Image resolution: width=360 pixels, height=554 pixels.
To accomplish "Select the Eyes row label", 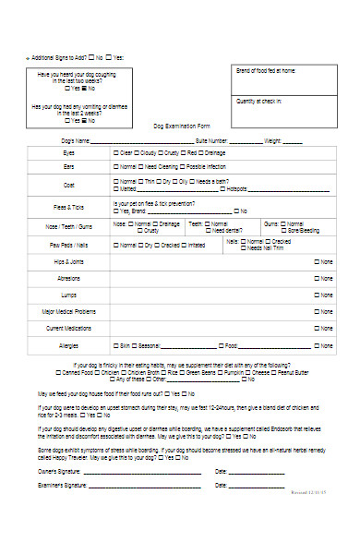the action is (x=69, y=152).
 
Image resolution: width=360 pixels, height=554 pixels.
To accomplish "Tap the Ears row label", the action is (x=69, y=166).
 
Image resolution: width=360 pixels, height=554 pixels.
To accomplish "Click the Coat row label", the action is (x=69, y=184).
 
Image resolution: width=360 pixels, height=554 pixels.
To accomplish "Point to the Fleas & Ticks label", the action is (x=69, y=206).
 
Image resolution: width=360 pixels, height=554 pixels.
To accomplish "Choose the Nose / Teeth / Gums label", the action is (x=69, y=226).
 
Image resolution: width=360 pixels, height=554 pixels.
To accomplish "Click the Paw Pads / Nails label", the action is (x=69, y=246).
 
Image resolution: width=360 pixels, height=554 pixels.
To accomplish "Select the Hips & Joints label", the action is (x=69, y=263).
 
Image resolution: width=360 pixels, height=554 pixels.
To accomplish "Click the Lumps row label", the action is (x=69, y=295).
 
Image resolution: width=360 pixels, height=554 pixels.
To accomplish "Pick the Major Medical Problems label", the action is (x=69, y=312).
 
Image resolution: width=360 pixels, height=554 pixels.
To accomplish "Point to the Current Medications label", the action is (x=69, y=328).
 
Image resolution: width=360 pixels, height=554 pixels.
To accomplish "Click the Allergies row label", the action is (x=69, y=345).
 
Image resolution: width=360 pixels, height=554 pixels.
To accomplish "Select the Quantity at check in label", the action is (x=259, y=100).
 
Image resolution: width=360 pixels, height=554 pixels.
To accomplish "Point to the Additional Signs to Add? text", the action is (x=59, y=57).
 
